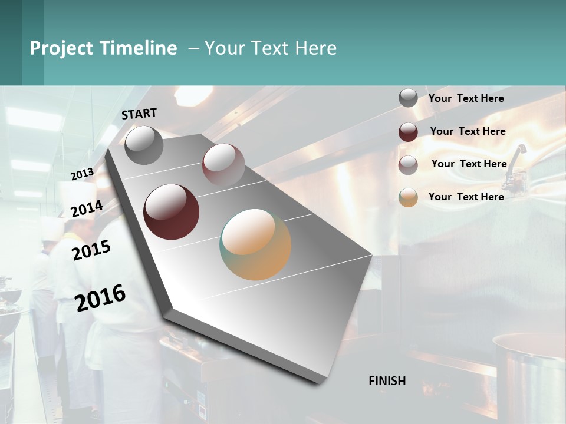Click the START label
[x=139, y=114]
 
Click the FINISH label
[x=387, y=381]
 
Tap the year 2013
[x=82, y=174]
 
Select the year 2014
[x=87, y=209]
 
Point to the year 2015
[x=91, y=250]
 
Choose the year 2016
[x=100, y=297]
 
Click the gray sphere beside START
[x=144, y=145]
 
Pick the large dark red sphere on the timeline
[x=172, y=212]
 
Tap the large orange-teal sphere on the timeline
[x=255, y=244]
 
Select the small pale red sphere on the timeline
[x=223, y=164]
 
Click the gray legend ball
[x=408, y=98]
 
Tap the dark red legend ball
[x=408, y=132]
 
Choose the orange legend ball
[x=408, y=197]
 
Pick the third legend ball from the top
[x=408, y=165]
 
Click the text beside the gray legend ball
[x=466, y=98]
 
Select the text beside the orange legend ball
[x=466, y=197]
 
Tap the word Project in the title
[x=61, y=48]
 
